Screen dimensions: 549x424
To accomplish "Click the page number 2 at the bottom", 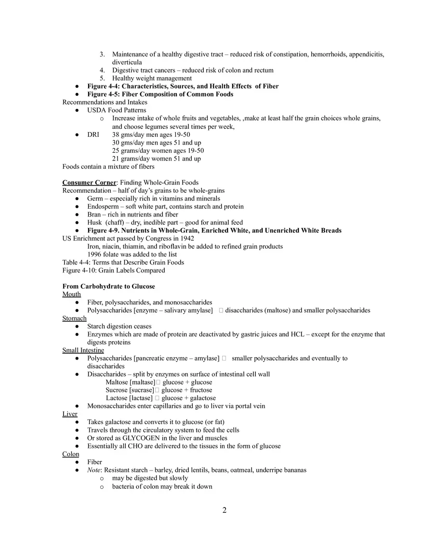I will [225, 510].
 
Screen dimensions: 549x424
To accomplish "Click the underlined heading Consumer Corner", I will [89, 183].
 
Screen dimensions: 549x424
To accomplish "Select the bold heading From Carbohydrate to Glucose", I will [108, 286].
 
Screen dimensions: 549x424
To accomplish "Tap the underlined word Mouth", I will [71, 295].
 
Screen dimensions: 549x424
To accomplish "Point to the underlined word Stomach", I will [74, 319].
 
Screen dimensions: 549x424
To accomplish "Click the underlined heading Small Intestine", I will [83, 350].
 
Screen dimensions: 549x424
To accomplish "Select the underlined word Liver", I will [69, 414].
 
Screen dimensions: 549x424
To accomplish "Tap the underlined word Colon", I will [70, 454].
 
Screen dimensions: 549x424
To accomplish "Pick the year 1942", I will [186, 239].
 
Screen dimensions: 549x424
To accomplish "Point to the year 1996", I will [95, 254].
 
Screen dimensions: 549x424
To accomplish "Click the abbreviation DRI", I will [93, 135].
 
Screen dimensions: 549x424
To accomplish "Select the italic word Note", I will [94, 470].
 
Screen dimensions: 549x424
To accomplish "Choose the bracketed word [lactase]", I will [141, 398].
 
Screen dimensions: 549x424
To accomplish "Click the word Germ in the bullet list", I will [94, 199].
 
